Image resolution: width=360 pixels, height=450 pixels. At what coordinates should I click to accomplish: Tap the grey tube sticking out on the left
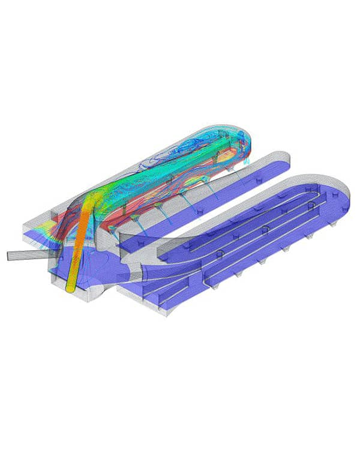[x=24, y=255]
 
